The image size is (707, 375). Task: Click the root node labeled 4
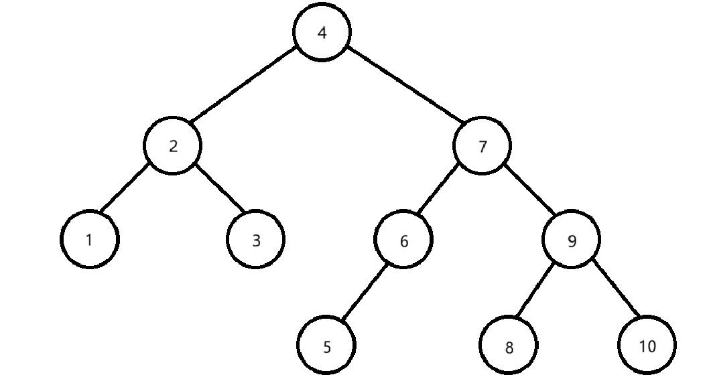coord(322,33)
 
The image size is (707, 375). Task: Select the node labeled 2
coord(173,146)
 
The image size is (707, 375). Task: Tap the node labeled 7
coord(482,146)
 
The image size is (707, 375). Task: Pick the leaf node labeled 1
coord(89,239)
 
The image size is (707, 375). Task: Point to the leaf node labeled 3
coord(255,239)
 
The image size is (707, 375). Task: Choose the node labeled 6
coord(403,240)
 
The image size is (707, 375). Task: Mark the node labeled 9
coord(571,240)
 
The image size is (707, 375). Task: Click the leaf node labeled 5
coord(326,346)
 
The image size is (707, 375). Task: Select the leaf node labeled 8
coord(509,346)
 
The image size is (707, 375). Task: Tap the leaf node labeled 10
coord(647,345)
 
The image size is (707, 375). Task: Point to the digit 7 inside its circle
coord(482,146)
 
